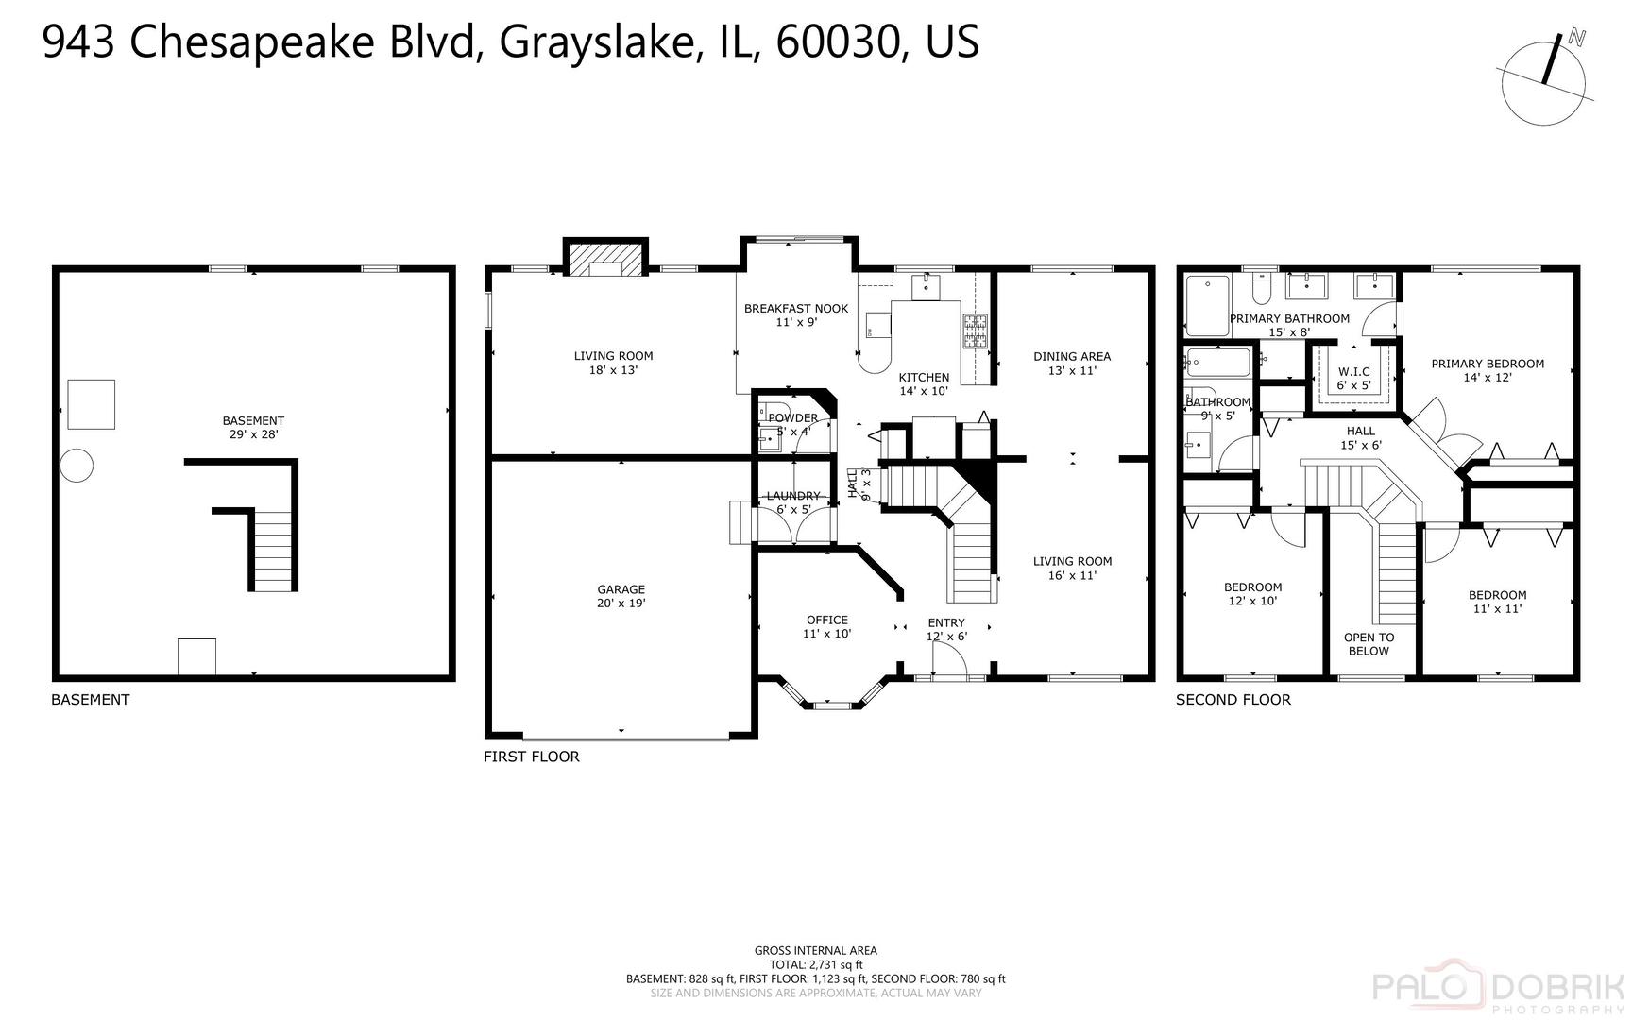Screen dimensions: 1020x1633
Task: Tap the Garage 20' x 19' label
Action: tap(621, 596)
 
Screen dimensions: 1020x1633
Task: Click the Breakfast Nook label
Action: tap(795, 314)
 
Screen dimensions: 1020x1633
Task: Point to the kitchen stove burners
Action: tap(975, 330)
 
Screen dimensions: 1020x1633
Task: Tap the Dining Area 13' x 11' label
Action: tap(1071, 363)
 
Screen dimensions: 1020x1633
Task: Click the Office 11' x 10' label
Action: tap(826, 626)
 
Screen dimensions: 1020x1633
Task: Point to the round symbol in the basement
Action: tap(77, 466)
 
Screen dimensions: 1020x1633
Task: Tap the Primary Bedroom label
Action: tap(1487, 369)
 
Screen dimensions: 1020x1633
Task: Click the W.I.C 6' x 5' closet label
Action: tap(1352, 378)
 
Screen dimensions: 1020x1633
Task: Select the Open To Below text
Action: tap(1369, 643)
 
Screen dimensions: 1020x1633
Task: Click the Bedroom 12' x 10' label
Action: tap(1252, 593)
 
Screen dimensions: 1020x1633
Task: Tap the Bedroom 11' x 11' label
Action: tap(1497, 601)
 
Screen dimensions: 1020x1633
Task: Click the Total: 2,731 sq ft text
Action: tap(815, 964)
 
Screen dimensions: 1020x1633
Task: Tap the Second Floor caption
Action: tap(1233, 700)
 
